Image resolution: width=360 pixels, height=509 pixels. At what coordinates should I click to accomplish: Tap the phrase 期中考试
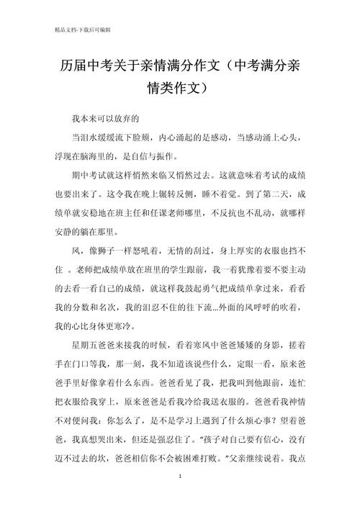(87, 175)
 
